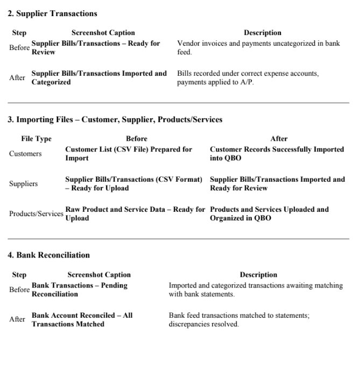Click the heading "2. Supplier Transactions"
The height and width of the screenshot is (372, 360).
[52, 13]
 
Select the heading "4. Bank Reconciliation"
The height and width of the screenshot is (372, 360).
[48, 255]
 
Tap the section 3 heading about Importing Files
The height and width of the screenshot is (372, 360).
[115, 119]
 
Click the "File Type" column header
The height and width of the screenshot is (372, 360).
[36, 139]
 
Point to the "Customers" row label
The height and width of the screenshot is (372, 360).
[25, 154]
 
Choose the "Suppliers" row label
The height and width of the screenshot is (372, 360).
[23, 184]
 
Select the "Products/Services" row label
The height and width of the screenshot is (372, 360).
[36, 214]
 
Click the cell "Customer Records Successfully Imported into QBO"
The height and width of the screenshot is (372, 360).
[277, 154]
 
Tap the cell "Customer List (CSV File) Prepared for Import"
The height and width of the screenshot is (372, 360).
[129, 154]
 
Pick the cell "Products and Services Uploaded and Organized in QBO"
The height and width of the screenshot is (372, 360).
[269, 214]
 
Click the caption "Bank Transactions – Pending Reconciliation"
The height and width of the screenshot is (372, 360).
[80, 290]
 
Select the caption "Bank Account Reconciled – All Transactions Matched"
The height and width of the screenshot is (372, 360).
[82, 320]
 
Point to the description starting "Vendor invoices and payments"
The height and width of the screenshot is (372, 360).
[258, 48]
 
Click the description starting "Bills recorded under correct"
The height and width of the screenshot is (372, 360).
[248, 78]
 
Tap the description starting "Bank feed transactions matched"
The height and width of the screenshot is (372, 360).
[239, 320]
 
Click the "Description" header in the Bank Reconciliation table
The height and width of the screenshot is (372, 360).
[258, 275]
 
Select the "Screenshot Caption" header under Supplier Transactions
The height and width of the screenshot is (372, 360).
[103, 33]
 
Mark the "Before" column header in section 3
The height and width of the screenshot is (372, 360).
[136, 139]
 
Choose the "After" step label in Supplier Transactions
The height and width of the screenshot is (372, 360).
[17, 78]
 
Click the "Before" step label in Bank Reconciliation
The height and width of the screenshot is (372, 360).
[19, 290]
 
